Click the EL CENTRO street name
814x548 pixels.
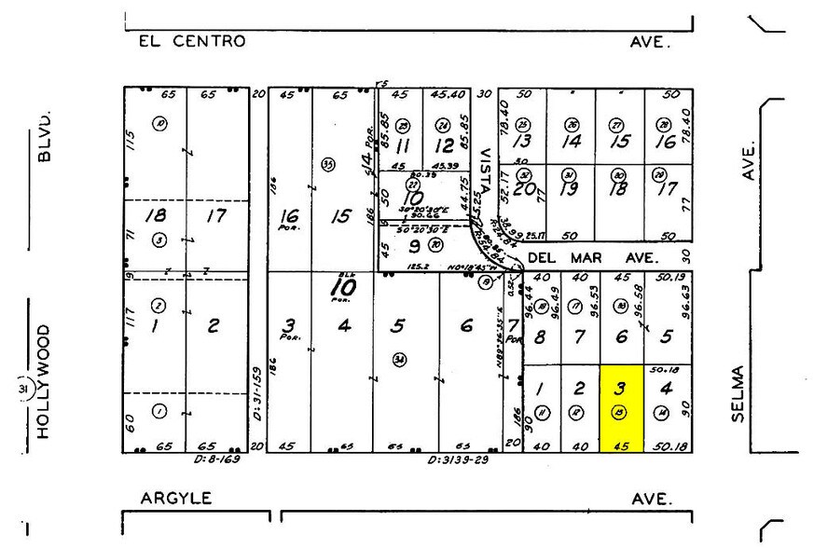(191, 41)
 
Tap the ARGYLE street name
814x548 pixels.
(176, 499)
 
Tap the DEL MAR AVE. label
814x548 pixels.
(592, 255)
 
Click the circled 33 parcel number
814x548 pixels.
(327, 164)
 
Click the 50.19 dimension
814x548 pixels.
(669, 276)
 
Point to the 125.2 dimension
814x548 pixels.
(415, 265)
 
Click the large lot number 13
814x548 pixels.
(522, 142)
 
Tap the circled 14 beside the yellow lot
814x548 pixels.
(663, 413)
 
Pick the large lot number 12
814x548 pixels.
(445, 145)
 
